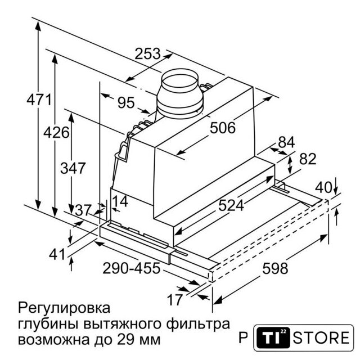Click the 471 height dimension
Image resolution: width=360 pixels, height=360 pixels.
tap(39, 100)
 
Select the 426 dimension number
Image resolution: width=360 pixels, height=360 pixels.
tap(56, 133)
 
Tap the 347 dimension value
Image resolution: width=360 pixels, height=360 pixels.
tap(73, 168)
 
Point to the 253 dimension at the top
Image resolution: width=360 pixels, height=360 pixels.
tap(147, 54)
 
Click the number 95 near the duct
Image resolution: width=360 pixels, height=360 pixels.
tap(126, 102)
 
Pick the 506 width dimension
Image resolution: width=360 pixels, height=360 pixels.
tap(223, 128)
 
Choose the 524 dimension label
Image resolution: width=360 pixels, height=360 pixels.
tap(231, 205)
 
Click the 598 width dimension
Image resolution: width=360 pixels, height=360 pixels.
tap(275, 268)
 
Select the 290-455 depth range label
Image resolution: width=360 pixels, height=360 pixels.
tap(131, 268)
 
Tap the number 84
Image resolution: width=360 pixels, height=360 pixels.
tap(286, 142)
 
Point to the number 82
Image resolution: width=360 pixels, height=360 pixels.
tap(308, 159)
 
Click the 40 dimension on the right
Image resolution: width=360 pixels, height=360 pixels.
tap(324, 187)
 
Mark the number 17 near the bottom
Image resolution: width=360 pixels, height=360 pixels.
tap(175, 300)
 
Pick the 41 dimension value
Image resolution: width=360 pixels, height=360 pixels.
tap(57, 254)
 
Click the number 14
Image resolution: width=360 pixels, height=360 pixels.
tap(120, 201)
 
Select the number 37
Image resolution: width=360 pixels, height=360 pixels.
tap(83, 210)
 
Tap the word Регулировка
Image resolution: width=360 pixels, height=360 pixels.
tap(64, 308)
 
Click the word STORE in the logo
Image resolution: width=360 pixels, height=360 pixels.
tap(321, 337)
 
